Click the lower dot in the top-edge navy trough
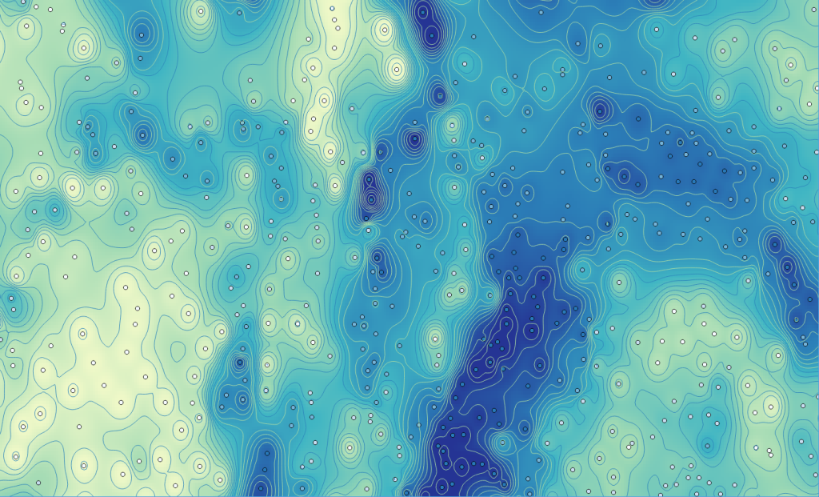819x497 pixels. [x=433, y=34]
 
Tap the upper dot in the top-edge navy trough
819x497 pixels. [x=424, y=10]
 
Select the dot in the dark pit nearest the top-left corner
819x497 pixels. [x=142, y=34]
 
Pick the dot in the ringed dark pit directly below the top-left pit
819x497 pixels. [x=143, y=134]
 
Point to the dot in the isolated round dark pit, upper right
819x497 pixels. [x=600, y=110]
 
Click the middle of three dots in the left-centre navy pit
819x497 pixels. [x=371, y=198]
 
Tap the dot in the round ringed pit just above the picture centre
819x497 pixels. [x=414, y=140]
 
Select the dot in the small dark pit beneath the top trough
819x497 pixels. [x=439, y=95]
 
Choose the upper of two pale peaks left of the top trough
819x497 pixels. [x=385, y=31]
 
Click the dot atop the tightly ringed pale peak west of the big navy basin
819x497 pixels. [x=435, y=339]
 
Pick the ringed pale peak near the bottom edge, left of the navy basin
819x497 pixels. [x=350, y=447]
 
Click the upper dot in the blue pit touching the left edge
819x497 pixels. [x=11, y=298]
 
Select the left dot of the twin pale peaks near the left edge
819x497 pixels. [x=73, y=189]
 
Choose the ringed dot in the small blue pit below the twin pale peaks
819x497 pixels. [x=54, y=210]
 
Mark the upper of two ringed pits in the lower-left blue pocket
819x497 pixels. [x=239, y=363]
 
